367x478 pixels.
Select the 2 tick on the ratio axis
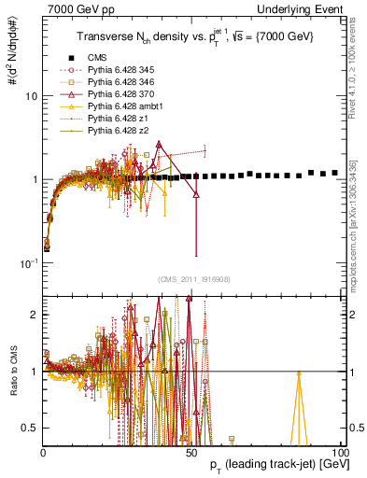click(34, 314)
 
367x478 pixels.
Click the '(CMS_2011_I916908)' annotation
click(191, 280)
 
